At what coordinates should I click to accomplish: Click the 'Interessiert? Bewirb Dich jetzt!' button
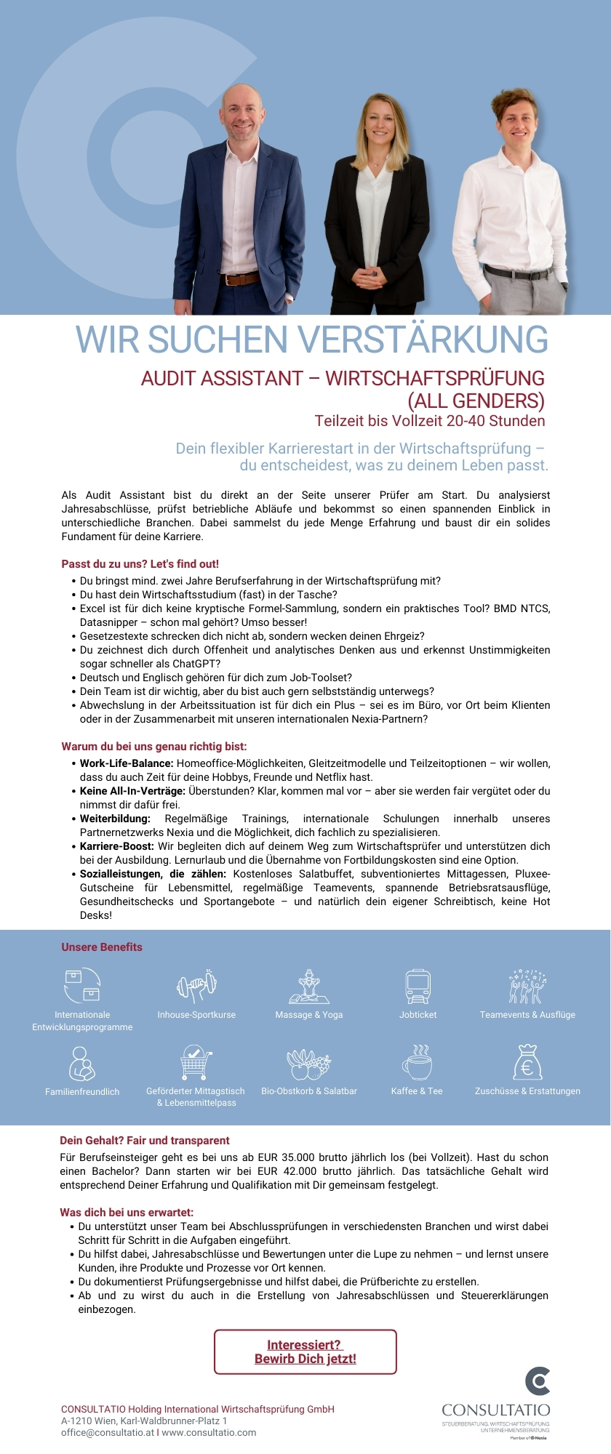click(305, 1351)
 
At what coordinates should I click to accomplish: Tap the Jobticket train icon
click(418, 987)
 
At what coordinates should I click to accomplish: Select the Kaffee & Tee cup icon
click(417, 1063)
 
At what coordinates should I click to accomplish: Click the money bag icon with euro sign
click(527, 1062)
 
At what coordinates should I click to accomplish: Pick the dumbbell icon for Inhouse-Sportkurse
click(196, 986)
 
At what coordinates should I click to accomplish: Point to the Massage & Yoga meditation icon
click(309, 987)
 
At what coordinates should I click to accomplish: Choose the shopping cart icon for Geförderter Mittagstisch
click(195, 1063)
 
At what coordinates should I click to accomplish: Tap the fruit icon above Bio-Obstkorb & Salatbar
click(308, 1064)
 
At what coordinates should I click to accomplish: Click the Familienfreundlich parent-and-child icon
click(81, 1064)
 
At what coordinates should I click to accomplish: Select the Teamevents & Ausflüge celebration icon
click(527, 987)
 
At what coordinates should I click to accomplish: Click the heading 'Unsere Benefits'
click(102, 947)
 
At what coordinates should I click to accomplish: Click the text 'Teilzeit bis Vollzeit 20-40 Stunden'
click(429, 421)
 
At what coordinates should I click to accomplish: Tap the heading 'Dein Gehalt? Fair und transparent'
click(144, 1141)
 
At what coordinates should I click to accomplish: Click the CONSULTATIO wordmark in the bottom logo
click(495, 1410)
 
